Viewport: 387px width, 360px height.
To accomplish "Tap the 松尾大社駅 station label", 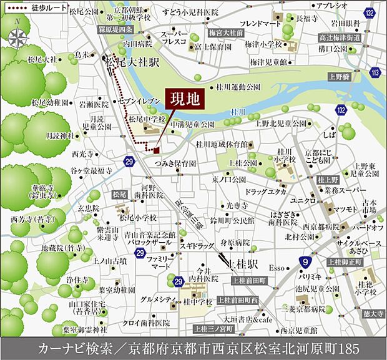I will pos(132,62).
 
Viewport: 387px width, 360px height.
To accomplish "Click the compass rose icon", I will pos(18,36).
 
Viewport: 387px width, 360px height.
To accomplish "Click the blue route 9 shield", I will pos(305,262).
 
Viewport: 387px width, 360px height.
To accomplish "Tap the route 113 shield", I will pos(375,73).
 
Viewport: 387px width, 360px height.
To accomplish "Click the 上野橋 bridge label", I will pos(338,77).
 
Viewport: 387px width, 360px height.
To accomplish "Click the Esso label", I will pos(277,268).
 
